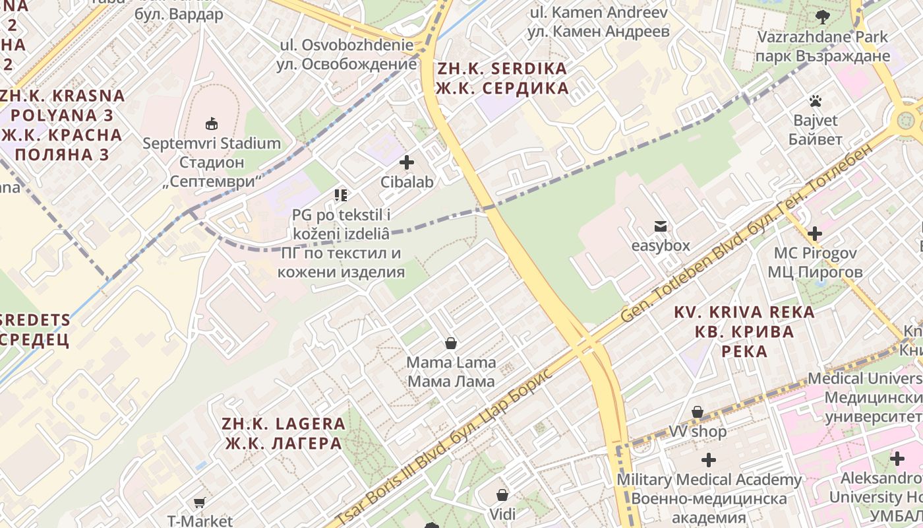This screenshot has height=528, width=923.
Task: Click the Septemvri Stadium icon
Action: [x=212, y=123]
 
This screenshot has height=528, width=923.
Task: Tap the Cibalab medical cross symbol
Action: [x=407, y=162]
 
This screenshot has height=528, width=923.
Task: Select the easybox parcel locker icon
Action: [x=660, y=226]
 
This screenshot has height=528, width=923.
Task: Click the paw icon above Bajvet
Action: [x=816, y=101]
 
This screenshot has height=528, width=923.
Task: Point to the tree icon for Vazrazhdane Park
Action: [x=822, y=17]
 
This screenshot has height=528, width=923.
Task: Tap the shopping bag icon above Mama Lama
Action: [x=451, y=343]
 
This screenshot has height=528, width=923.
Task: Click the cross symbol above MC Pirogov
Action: [x=815, y=233]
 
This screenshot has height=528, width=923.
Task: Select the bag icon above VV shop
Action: [x=698, y=412]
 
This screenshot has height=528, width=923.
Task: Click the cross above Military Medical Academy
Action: [x=709, y=460]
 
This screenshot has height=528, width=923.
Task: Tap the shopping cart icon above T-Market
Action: [x=199, y=503]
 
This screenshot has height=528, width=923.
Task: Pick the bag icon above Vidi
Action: [x=502, y=494]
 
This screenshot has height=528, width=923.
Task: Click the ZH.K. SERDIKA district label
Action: [x=502, y=79]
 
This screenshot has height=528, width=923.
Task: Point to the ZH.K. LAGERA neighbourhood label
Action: [x=284, y=433]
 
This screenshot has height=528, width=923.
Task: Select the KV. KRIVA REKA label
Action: [x=744, y=331]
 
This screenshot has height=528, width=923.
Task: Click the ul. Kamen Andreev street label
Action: [x=599, y=22]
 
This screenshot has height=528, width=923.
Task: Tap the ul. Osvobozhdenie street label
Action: [x=348, y=55]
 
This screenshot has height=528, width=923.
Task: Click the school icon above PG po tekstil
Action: [x=340, y=195]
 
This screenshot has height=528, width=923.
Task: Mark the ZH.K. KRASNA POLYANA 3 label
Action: [x=62, y=125]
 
